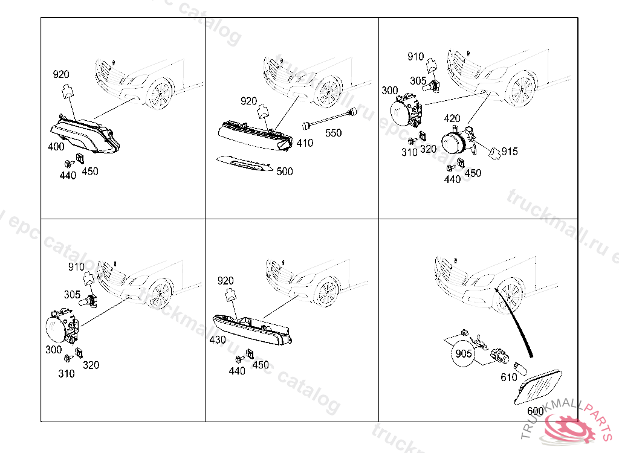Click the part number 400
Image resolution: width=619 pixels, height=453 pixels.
pyautogui.click(x=56, y=147)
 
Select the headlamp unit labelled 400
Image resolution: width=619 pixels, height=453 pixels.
pyautogui.click(x=85, y=136)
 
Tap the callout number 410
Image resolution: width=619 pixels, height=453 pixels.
pyautogui.click(x=305, y=143)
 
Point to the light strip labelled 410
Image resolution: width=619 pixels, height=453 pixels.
pyautogui.click(x=254, y=133)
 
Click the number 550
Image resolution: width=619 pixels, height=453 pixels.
pyautogui.click(x=333, y=133)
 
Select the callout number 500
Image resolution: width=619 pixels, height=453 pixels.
pyautogui.click(x=284, y=172)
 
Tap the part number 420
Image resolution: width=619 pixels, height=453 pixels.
pyautogui.click(x=452, y=118)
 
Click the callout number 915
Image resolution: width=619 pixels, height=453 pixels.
pyautogui.click(x=509, y=152)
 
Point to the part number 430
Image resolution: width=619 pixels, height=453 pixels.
pyautogui.click(x=218, y=340)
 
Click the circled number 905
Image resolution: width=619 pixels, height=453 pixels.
pyautogui.click(x=464, y=353)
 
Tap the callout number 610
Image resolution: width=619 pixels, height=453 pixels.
pyautogui.click(x=508, y=377)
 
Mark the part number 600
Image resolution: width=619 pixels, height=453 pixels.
pyautogui.click(x=535, y=411)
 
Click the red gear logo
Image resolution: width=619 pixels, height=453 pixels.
pyautogui.click(x=568, y=426)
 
